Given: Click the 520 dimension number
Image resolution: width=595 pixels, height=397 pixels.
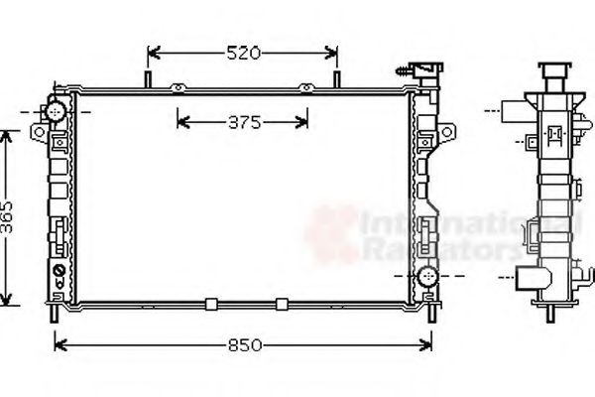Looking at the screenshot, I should tap(243, 53).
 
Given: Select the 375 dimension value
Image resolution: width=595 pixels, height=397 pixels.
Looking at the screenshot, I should tap(243, 123).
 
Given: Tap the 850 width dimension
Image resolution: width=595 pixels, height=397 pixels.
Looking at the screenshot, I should tap(243, 345).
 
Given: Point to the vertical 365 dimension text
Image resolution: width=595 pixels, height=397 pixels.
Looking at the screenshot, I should tap(9, 216).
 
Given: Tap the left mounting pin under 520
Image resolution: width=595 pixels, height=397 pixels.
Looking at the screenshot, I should tap(149, 79).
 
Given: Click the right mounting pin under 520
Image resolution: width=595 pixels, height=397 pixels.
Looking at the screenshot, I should tap(336, 79).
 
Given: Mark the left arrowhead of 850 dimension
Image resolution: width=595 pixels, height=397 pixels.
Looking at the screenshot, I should tap(58, 345).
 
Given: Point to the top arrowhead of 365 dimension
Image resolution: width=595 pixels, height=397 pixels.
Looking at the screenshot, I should tap(9, 136).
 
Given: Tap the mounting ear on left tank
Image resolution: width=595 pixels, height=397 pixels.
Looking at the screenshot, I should tap(38, 131).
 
